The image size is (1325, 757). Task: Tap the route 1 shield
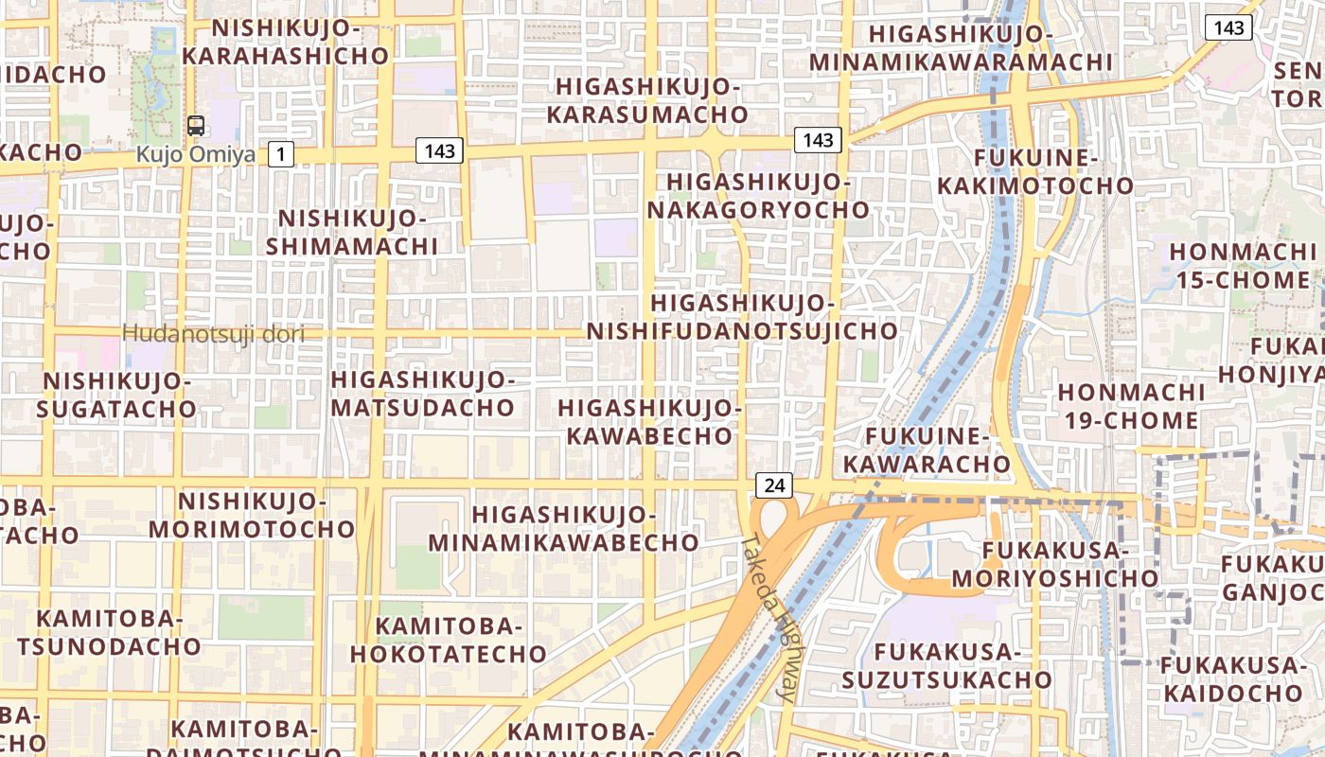click(280, 153)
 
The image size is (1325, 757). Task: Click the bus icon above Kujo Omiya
click(196, 125)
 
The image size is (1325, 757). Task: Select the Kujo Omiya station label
click(196, 153)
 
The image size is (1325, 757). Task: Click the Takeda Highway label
click(768, 620)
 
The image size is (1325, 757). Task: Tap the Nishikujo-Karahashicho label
click(285, 42)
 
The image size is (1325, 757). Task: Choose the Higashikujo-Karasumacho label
click(651, 100)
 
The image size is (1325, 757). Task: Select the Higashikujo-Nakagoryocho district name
click(757, 195)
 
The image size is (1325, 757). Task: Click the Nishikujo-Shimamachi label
click(352, 233)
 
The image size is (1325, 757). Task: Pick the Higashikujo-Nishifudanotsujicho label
click(742, 317)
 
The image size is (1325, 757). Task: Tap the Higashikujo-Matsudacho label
click(422, 395)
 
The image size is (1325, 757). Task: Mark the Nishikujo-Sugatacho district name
click(117, 395)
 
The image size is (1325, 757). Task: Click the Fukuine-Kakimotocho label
click(1034, 170)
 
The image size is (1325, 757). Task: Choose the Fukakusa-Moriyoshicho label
click(1054, 564)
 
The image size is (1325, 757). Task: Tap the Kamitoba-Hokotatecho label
click(449, 640)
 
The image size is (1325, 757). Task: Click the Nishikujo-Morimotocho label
click(251, 515)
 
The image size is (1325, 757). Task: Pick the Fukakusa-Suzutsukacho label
click(946, 665)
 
